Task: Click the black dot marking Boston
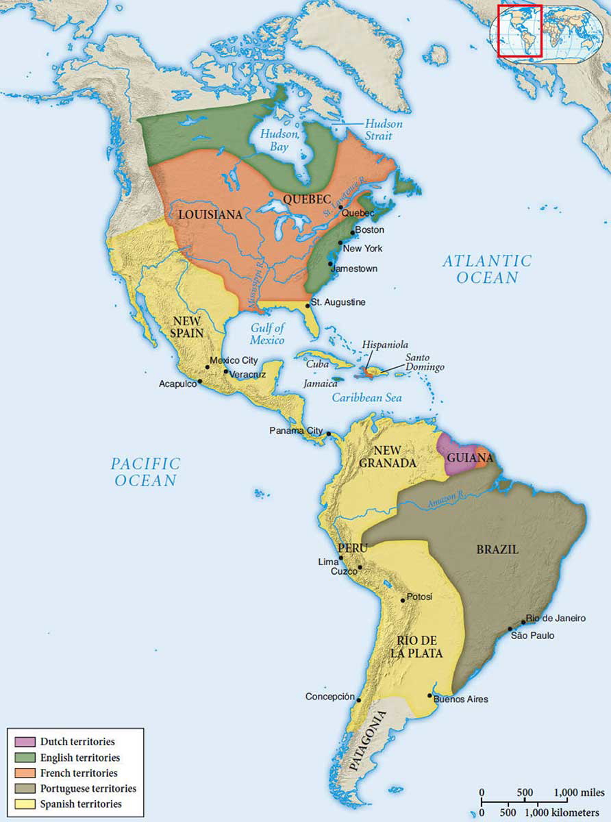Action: coord(352,232)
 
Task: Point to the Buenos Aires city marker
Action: coord(429,696)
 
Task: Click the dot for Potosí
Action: coord(403,600)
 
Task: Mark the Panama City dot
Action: coord(329,434)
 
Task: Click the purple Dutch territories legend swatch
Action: coord(24,741)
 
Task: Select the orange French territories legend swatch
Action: coord(24,773)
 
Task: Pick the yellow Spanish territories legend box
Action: coord(24,804)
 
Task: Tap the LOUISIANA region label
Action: coord(210,214)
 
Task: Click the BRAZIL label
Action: coord(497,549)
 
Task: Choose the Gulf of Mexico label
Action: coord(267,334)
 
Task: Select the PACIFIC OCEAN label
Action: coord(145,472)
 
